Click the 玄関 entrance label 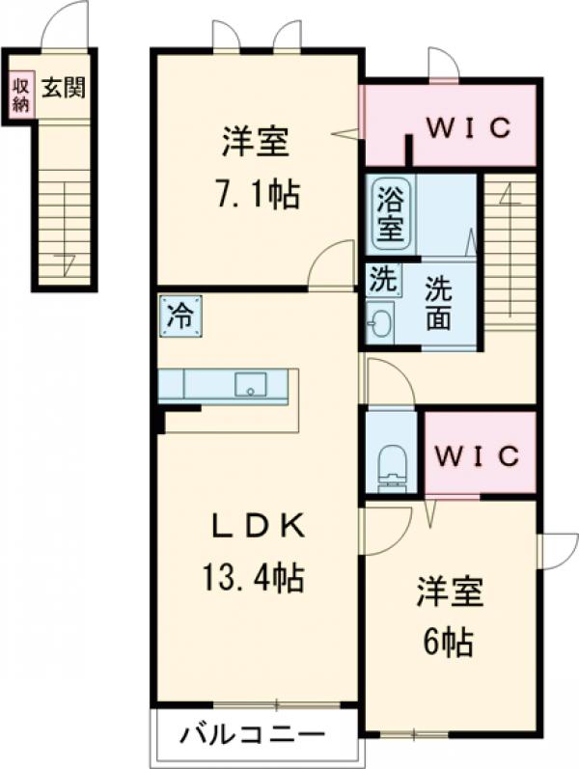[64, 88]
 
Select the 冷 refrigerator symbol [180, 316]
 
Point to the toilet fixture [393, 462]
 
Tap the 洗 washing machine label [382, 282]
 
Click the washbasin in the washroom [380, 322]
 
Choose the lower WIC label [476, 454]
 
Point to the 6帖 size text [447, 642]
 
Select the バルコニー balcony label [253, 735]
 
